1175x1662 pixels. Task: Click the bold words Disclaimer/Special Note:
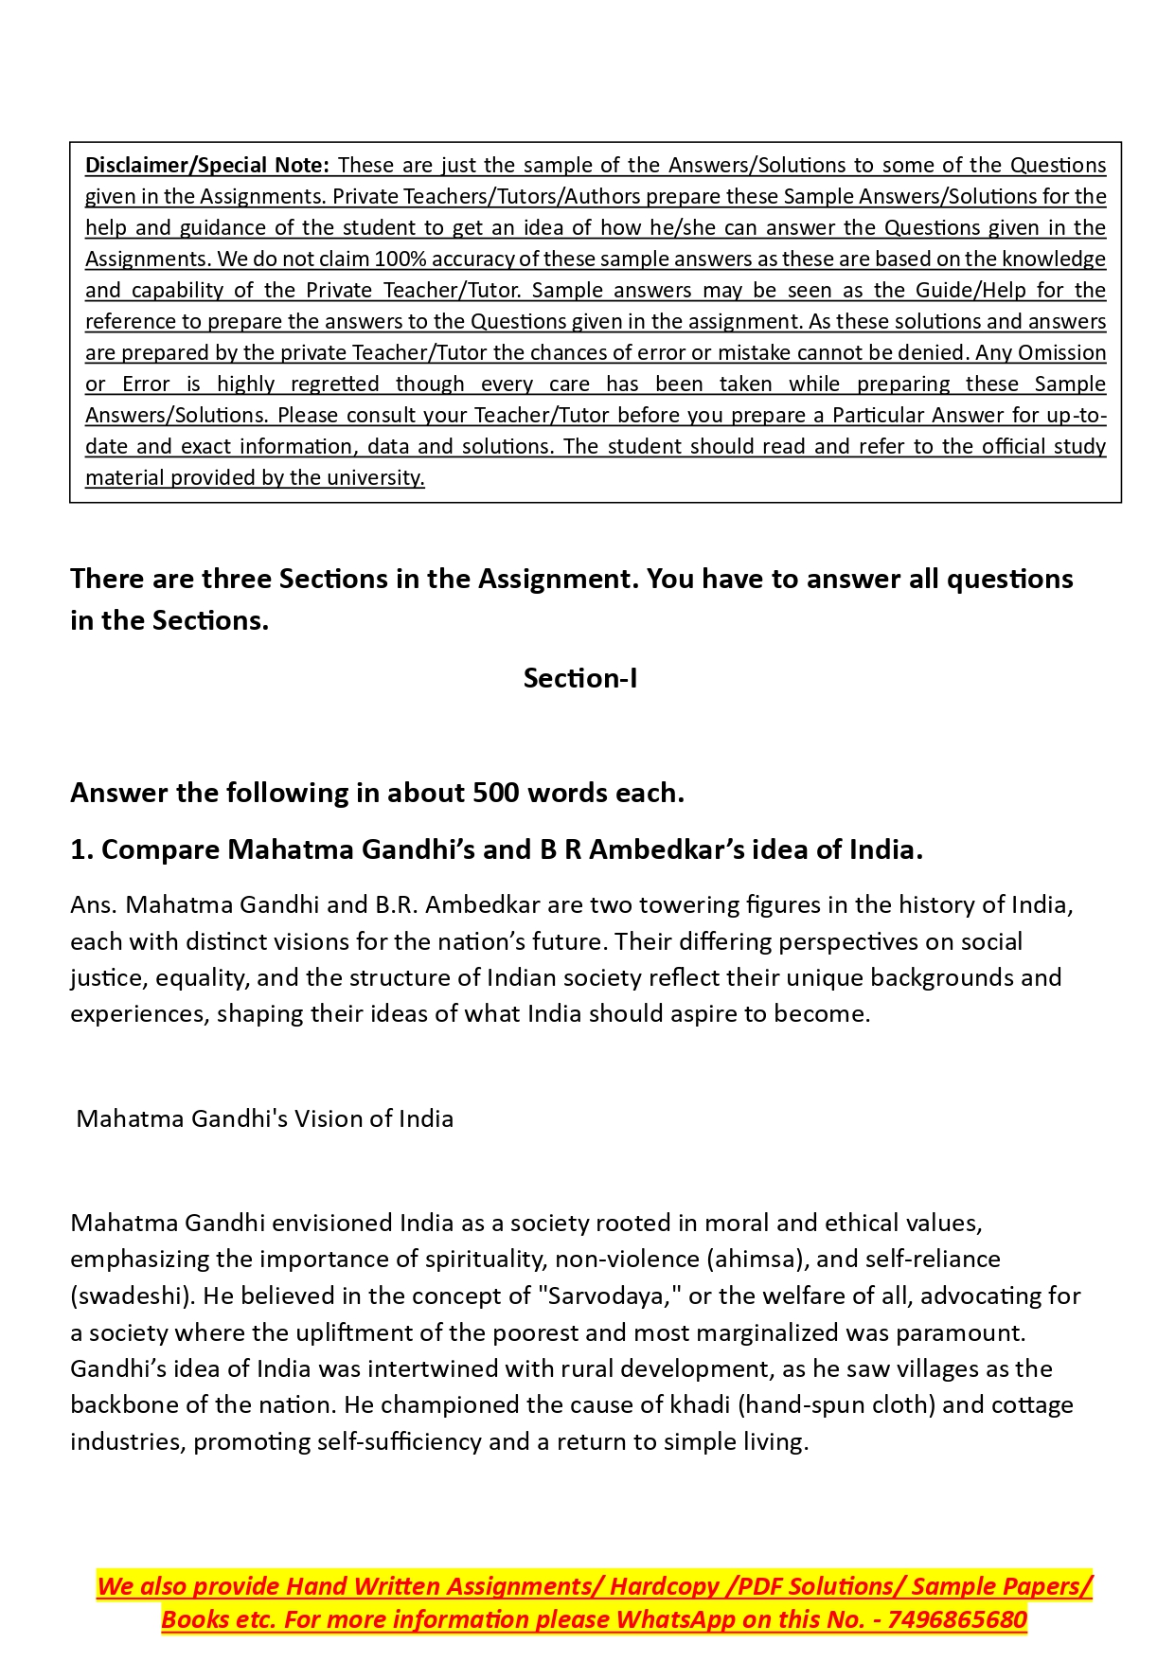[x=206, y=165]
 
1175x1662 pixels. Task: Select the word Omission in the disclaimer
[x=1062, y=352]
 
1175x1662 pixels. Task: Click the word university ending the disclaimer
[x=375, y=477]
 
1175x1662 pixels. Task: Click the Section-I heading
[x=579, y=678]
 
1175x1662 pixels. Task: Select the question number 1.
[x=80, y=849]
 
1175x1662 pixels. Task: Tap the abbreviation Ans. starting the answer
[x=93, y=904]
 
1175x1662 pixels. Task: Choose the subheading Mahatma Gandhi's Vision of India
[x=265, y=1118]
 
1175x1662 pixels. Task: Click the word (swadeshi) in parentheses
[x=133, y=1296]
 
